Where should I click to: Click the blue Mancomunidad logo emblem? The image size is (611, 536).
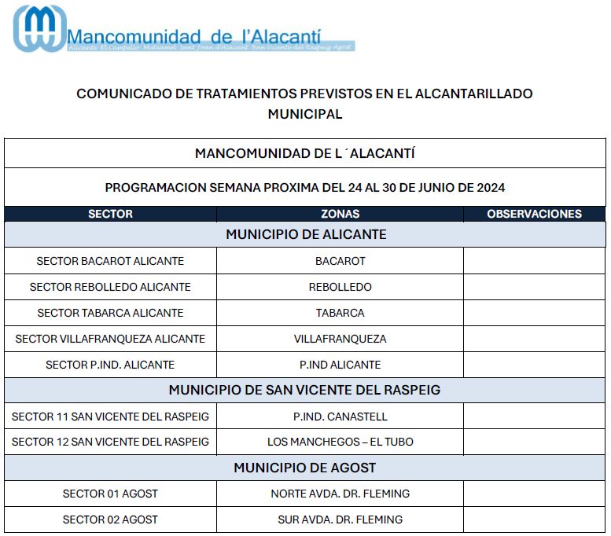click(39, 29)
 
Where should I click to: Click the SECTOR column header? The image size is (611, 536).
click(110, 214)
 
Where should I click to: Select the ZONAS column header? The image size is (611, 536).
click(340, 214)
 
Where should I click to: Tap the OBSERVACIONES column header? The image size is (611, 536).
click(534, 214)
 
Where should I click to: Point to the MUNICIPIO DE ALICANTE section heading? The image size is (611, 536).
click(306, 234)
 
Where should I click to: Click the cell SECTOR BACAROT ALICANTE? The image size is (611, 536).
click(110, 261)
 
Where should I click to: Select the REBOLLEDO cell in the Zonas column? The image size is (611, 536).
click(340, 287)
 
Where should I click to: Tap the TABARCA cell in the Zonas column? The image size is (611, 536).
click(340, 313)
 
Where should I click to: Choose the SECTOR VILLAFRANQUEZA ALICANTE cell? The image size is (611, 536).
click(110, 339)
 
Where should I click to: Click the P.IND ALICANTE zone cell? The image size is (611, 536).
click(340, 365)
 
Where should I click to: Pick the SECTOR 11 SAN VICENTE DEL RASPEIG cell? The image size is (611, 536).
click(110, 416)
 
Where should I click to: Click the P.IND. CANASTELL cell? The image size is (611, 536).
click(340, 416)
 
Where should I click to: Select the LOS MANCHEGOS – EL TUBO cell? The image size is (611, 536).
click(340, 442)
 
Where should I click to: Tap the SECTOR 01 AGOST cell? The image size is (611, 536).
click(110, 494)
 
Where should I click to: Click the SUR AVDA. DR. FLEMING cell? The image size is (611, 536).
click(340, 519)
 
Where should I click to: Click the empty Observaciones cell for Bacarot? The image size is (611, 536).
click(534, 261)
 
